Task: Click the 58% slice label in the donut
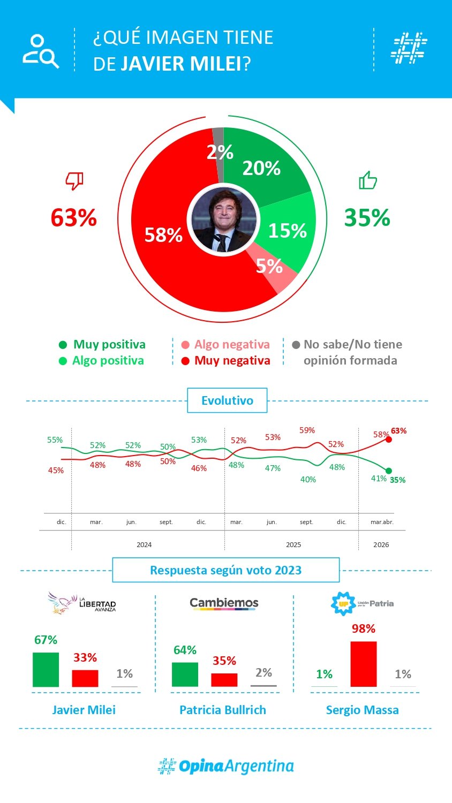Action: [x=163, y=235]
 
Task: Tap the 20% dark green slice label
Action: [x=261, y=168]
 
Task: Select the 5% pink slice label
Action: [x=269, y=266]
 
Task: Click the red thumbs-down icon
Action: [x=74, y=181]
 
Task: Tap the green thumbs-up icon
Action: [x=367, y=180]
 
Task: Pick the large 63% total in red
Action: [x=74, y=218]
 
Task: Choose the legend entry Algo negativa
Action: [x=231, y=345]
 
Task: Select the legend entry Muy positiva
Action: [x=109, y=345]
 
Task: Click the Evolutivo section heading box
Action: [x=227, y=400]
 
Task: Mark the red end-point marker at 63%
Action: [x=389, y=440]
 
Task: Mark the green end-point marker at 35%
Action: [x=389, y=471]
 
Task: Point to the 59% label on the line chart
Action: [x=307, y=430]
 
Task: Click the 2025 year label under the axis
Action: [x=293, y=545]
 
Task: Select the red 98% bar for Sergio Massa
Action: [x=363, y=664]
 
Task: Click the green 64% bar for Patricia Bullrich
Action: [x=185, y=675]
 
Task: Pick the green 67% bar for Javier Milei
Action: [x=46, y=670]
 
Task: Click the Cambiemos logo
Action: [x=224, y=604]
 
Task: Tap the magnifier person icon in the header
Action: [x=41, y=51]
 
